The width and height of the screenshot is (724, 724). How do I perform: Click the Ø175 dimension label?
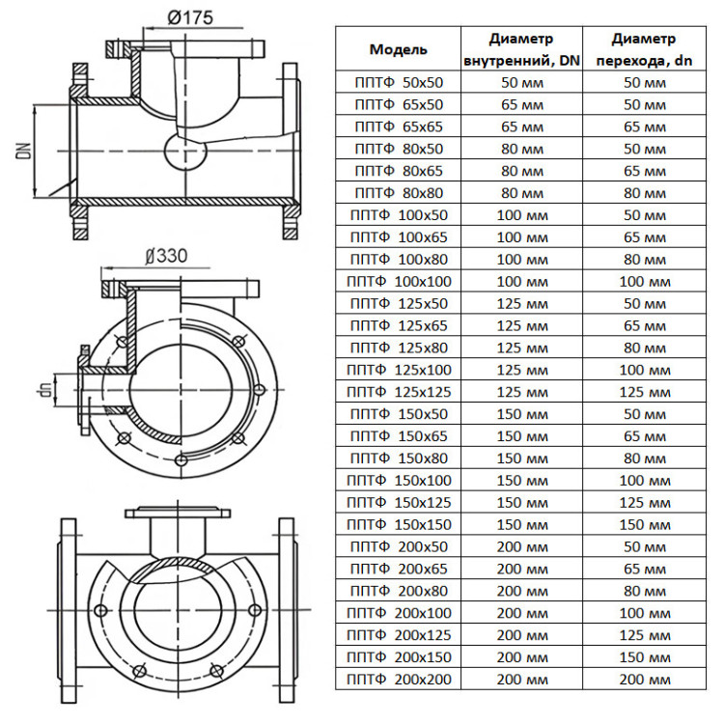pos(190,17)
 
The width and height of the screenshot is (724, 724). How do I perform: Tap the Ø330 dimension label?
pos(166,256)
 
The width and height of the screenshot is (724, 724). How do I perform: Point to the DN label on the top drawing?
pos(24,151)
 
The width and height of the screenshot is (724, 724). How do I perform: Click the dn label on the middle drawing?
pos(45,390)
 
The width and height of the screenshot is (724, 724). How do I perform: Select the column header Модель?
pos(398,49)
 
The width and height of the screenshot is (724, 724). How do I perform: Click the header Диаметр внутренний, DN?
pos(521,49)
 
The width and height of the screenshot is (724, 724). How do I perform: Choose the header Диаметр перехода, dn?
pos(644,49)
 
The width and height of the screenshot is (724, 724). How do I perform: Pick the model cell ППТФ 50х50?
pos(399,83)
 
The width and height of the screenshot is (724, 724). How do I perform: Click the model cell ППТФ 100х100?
pos(399,282)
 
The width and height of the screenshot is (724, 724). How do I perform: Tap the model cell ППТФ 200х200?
pos(399,680)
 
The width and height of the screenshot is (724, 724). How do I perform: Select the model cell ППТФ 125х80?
pos(399,348)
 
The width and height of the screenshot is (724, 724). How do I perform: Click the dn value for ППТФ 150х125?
pos(645,502)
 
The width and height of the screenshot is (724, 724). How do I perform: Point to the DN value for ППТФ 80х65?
pos(521,171)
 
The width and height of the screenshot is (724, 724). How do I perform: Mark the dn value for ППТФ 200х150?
pos(645,657)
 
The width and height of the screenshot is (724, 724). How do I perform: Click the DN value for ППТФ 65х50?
pos(521,105)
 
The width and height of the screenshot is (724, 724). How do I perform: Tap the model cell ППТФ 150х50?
pos(399,414)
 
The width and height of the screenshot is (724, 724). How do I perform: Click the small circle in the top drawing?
pos(185,151)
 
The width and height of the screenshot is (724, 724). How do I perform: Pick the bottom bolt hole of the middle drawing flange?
pos(181,459)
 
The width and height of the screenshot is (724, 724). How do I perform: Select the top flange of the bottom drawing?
pos(178,513)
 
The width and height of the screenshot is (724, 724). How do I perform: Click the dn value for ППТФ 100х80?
pos(645,260)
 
